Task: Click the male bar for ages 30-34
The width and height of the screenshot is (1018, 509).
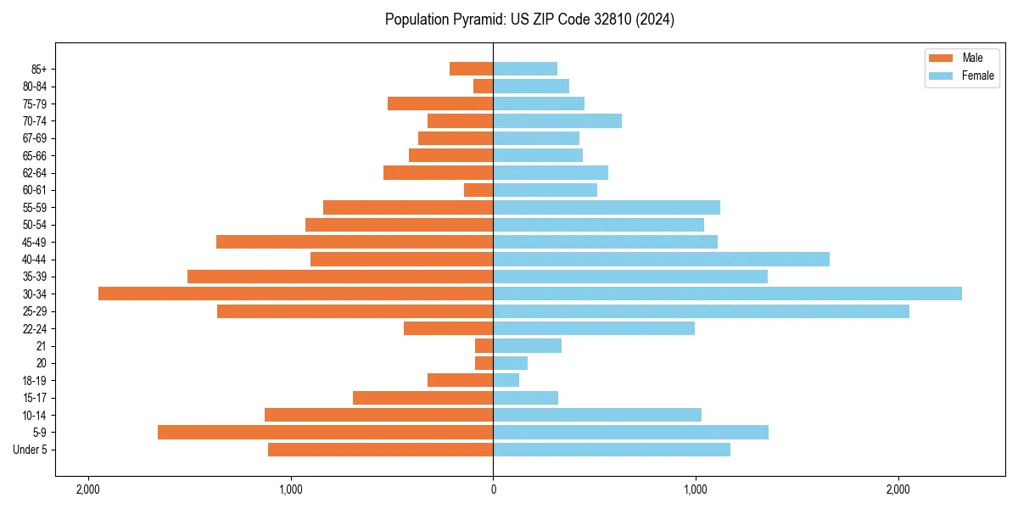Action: pos(295,294)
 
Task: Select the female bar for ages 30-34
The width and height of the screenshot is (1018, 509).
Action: pos(727,294)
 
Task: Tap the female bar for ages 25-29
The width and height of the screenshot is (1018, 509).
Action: pos(701,311)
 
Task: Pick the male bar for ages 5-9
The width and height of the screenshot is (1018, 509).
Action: pos(325,433)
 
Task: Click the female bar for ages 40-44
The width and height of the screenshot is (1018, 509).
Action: pos(661,259)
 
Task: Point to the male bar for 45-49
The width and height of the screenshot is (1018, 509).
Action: pos(355,242)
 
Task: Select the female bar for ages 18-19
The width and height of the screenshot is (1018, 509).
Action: pos(506,380)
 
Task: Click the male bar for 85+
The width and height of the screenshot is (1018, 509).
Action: pos(471,69)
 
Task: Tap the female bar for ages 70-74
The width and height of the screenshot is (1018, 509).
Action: pos(557,121)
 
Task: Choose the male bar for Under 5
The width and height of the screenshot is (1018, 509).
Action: pos(380,450)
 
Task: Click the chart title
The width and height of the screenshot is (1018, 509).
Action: pos(529,20)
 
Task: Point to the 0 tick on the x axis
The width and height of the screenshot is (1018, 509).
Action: pos(493,489)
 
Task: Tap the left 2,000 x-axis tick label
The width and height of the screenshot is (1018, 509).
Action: pos(87,489)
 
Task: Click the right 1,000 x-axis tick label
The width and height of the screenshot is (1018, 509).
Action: pos(696,489)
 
